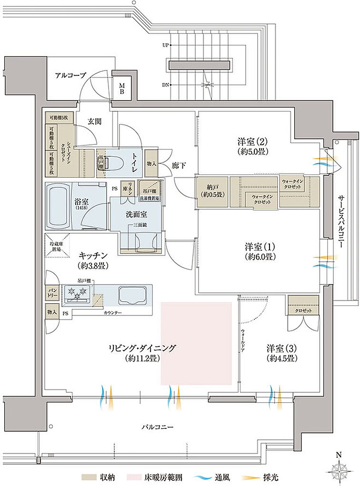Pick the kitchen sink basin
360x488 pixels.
click(x=131, y=295)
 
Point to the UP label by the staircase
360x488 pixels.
click(x=166, y=45)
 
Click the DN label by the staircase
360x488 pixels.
click(x=166, y=85)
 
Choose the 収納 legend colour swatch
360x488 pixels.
click(x=87, y=476)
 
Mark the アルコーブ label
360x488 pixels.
click(x=70, y=75)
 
